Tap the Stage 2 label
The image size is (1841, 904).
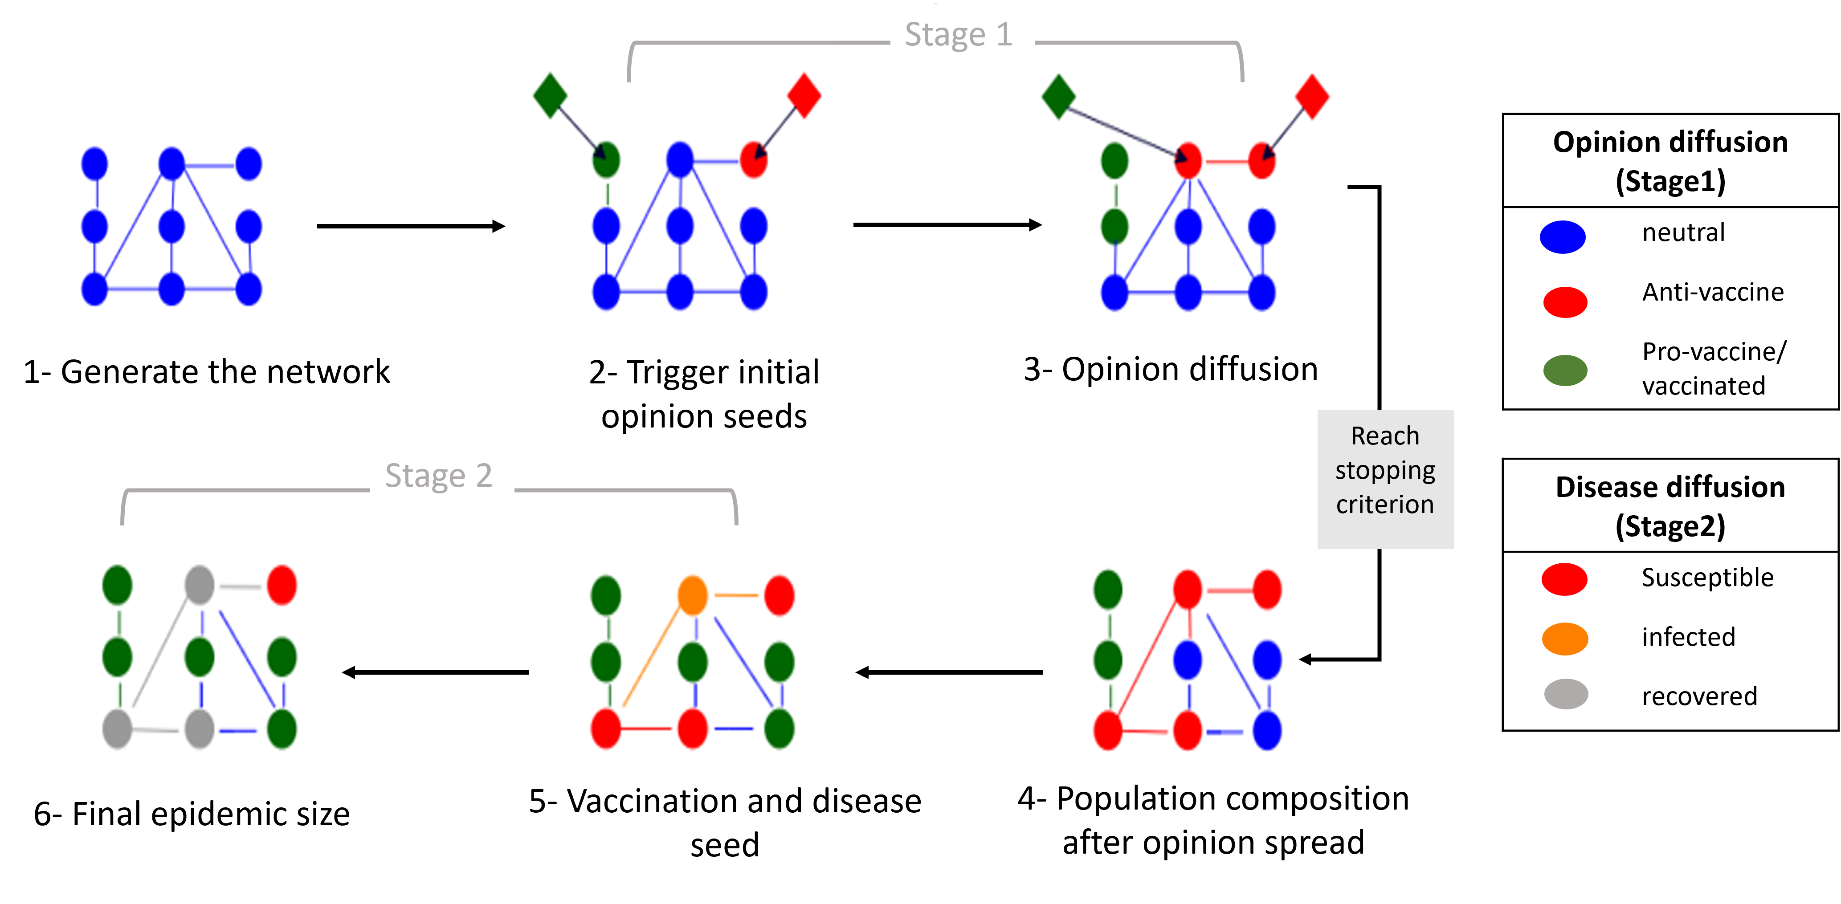click(x=439, y=476)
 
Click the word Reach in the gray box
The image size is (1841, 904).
click(x=1384, y=436)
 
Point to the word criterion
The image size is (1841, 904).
click(x=1384, y=505)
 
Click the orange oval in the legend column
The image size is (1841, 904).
click(x=1564, y=639)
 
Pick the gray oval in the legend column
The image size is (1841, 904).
click(x=1565, y=694)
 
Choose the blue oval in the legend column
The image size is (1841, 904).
click(x=1562, y=237)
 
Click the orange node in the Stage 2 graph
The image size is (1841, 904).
click(x=692, y=595)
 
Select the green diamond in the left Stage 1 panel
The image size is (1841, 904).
click(x=550, y=95)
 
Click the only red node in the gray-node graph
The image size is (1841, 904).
click(x=282, y=585)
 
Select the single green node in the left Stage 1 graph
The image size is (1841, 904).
click(x=606, y=160)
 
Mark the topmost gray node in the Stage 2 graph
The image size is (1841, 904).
click(x=200, y=585)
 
